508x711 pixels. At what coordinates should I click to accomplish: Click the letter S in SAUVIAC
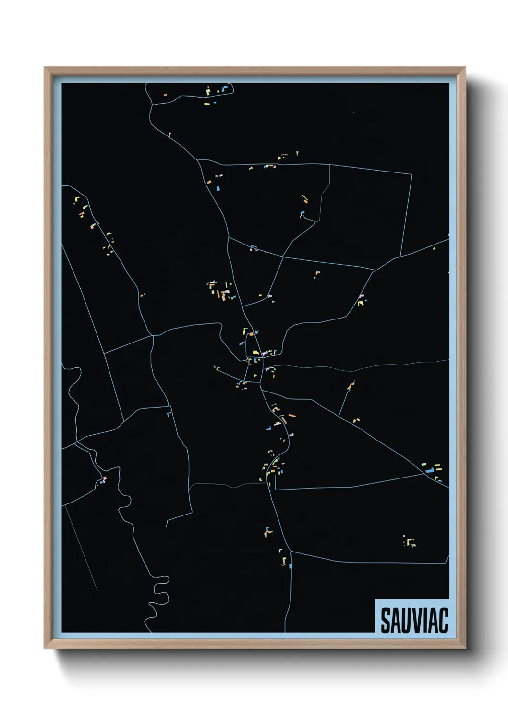click(x=386, y=621)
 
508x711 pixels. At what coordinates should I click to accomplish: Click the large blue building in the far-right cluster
click(x=430, y=470)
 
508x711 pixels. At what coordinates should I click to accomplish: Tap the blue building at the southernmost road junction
click(x=290, y=566)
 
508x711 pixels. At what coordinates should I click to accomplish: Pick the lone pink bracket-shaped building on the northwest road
click(x=169, y=134)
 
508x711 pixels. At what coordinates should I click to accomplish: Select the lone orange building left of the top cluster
click(x=165, y=95)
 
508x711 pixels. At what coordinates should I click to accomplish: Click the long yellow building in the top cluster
click(x=207, y=103)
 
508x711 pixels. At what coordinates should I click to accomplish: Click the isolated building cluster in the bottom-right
click(x=410, y=542)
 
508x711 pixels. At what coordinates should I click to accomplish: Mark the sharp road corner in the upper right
click(x=411, y=174)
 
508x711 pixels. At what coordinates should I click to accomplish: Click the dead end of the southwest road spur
click(x=167, y=525)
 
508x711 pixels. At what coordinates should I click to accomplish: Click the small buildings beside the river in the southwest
click(x=103, y=480)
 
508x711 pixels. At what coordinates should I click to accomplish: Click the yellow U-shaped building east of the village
click(x=361, y=303)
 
